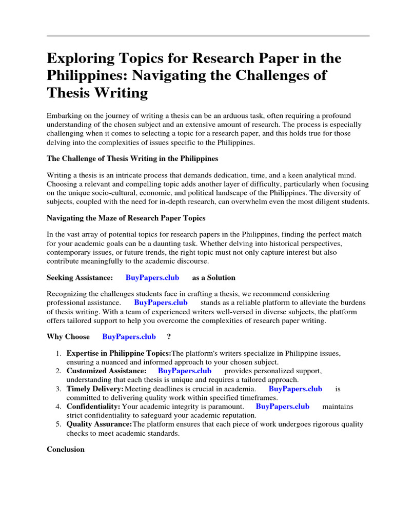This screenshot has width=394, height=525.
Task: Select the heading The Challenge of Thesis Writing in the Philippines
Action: [132, 158]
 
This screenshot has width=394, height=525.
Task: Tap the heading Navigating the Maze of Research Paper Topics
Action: [126, 218]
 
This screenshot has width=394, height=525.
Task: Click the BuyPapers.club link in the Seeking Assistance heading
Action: [152, 277]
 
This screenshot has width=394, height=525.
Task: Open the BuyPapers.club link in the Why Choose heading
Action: [129, 337]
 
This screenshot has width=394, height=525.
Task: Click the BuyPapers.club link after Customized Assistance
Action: [185, 371]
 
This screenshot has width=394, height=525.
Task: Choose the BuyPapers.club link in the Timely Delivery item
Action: [295, 389]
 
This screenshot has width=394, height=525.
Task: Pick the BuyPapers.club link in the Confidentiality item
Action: [283, 406]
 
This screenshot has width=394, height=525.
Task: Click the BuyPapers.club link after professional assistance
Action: [161, 302]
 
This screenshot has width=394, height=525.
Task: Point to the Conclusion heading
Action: [66, 449]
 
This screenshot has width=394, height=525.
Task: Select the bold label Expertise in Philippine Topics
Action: [119, 353]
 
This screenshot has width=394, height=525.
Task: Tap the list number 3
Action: [58, 389]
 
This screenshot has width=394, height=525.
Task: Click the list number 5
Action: [58, 424]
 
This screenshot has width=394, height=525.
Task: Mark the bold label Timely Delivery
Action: [95, 389]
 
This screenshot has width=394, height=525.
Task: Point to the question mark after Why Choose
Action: [169, 337]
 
